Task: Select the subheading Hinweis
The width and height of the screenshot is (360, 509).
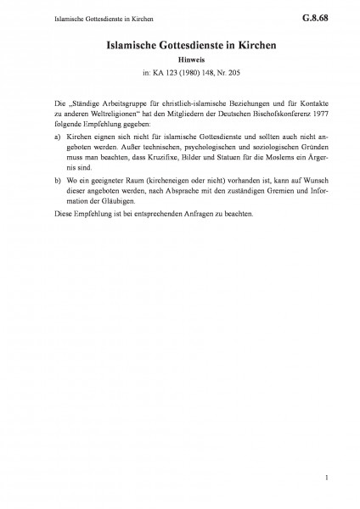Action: click(x=180, y=61)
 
